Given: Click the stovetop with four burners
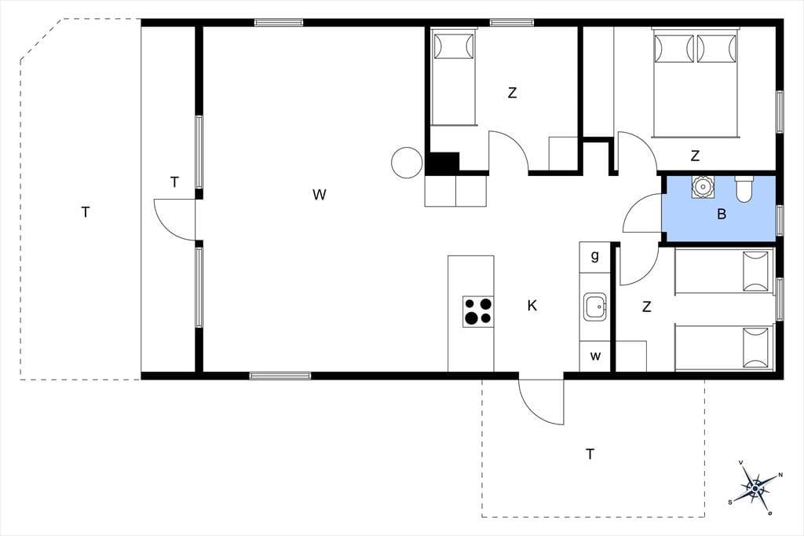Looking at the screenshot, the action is click(x=478, y=312).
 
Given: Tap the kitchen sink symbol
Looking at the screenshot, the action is click(x=595, y=307).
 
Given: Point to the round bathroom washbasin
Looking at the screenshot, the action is click(x=701, y=187).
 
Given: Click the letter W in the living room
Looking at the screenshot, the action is click(x=319, y=195).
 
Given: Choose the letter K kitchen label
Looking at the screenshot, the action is click(x=532, y=306).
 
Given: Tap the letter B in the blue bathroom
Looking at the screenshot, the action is click(x=722, y=214).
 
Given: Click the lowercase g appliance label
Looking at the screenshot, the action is click(x=595, y=255).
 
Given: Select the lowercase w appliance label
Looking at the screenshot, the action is click(x=595, y=356).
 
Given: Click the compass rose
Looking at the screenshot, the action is click(x=755, y=487).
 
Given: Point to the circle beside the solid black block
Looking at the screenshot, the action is click(x=407, y=163).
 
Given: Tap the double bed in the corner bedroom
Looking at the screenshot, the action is click(x=696, y=83).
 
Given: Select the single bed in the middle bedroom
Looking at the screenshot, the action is click(x=454, y=77).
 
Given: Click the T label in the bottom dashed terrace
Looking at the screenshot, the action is click(x=590, y=453).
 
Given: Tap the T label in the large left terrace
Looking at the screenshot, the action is click(x=86, y=211).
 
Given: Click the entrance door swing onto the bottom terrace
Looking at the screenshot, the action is click(x=541, y=402).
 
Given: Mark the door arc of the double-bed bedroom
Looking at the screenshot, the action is click(x=636, y=152).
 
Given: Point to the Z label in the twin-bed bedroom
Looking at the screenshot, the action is click(x=647, y=307).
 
